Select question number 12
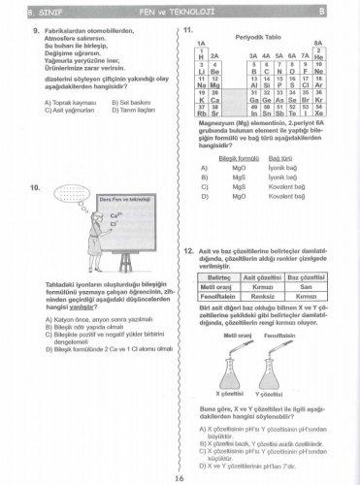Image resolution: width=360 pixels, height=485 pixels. point(187,251)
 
